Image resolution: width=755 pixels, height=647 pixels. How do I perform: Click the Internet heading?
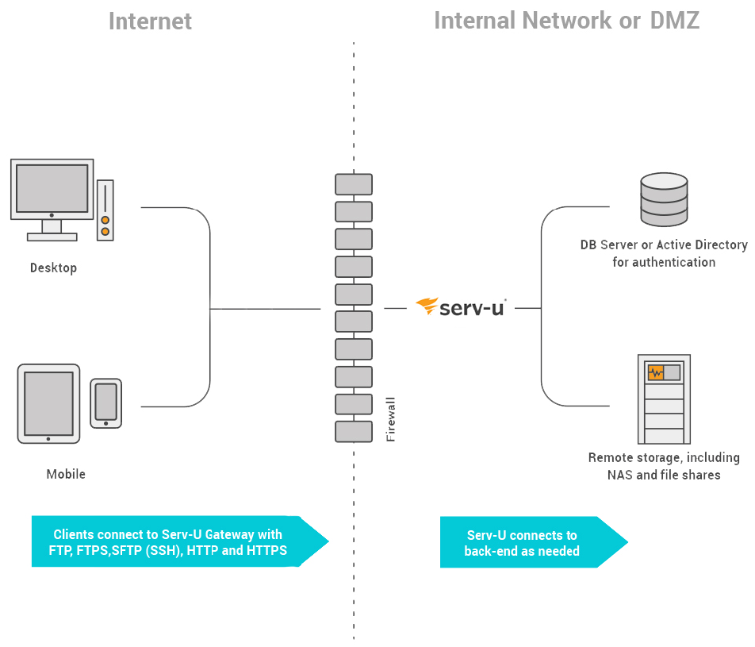click(x=150, y=21)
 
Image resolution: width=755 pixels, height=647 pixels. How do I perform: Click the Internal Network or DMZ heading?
click(x=566, y=21)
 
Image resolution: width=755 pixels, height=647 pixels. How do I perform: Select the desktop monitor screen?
click(x=52, y=189)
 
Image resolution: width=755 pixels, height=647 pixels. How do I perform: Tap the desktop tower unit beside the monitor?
click(x=105, y=210)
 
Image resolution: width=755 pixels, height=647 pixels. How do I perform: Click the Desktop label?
click(x=53, y=268)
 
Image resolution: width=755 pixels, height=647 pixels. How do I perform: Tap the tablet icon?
click(x=48, y=403)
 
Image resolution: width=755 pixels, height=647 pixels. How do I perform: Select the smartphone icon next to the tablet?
click(x=105, y=402)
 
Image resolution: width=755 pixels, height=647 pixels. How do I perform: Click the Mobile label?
click(x=66, y=475)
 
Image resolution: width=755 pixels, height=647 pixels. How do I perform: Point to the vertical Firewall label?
click(x=390, y=418)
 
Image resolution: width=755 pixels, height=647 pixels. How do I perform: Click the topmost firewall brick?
click(x=354, y=184)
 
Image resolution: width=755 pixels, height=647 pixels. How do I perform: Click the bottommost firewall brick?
click(x=354, y=432)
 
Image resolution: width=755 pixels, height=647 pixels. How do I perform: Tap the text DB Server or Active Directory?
click(x=664, y=245)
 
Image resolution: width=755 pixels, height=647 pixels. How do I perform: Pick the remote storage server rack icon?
click(x=664, y=399)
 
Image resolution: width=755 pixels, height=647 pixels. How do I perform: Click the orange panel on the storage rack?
click(x=656, y=372)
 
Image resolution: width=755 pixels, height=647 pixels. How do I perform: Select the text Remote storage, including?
click(x=664, y=458)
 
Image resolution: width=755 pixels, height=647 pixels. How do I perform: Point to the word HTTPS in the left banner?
click(x=266, y=551)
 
